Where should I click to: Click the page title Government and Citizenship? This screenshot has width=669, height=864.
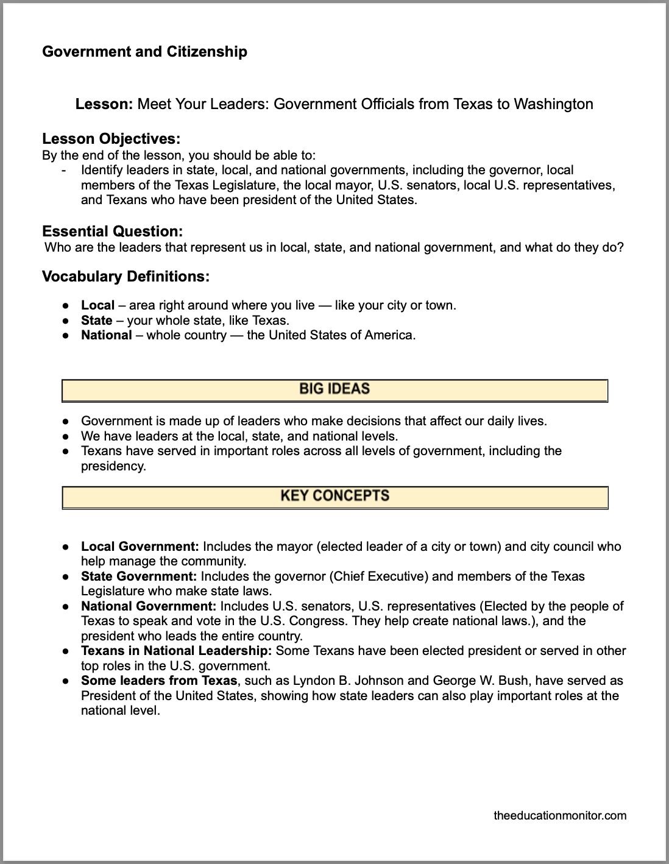point(144,52)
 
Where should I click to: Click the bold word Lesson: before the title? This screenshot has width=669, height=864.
point(104,104)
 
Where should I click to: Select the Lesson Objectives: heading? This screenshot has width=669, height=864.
point(111,139)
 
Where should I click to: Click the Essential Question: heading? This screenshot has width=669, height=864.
point(112,232)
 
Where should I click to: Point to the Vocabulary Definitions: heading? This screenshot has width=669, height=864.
point(126,277)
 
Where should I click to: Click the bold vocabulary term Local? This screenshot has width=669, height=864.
point(97,305)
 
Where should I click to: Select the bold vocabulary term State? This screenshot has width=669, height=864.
point(96,320)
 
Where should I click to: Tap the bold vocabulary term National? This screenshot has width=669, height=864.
point(106,335)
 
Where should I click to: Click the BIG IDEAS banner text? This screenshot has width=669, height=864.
point(334,389)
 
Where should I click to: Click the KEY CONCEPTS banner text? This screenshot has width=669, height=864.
point(334,495)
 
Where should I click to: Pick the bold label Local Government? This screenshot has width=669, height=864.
point(140,547)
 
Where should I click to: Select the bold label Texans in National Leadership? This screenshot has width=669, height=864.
point(176,651)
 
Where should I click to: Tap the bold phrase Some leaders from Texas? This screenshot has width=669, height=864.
point(158,681)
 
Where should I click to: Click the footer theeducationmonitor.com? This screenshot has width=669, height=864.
point(559,815)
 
